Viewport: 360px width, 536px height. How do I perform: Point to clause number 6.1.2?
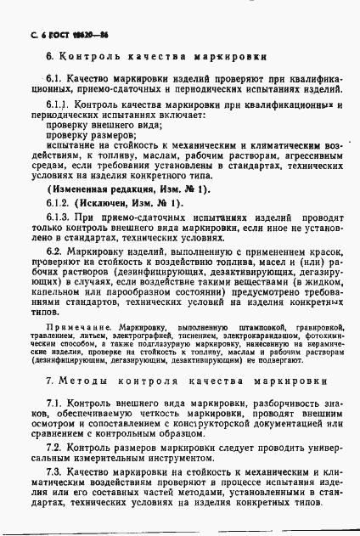pyautogui.click(x=58, y=204)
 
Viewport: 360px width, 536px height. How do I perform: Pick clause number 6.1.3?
pyautogui.click(x=58, y=217)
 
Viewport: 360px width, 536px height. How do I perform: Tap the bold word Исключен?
pyautogui.click(x=108, y=204)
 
